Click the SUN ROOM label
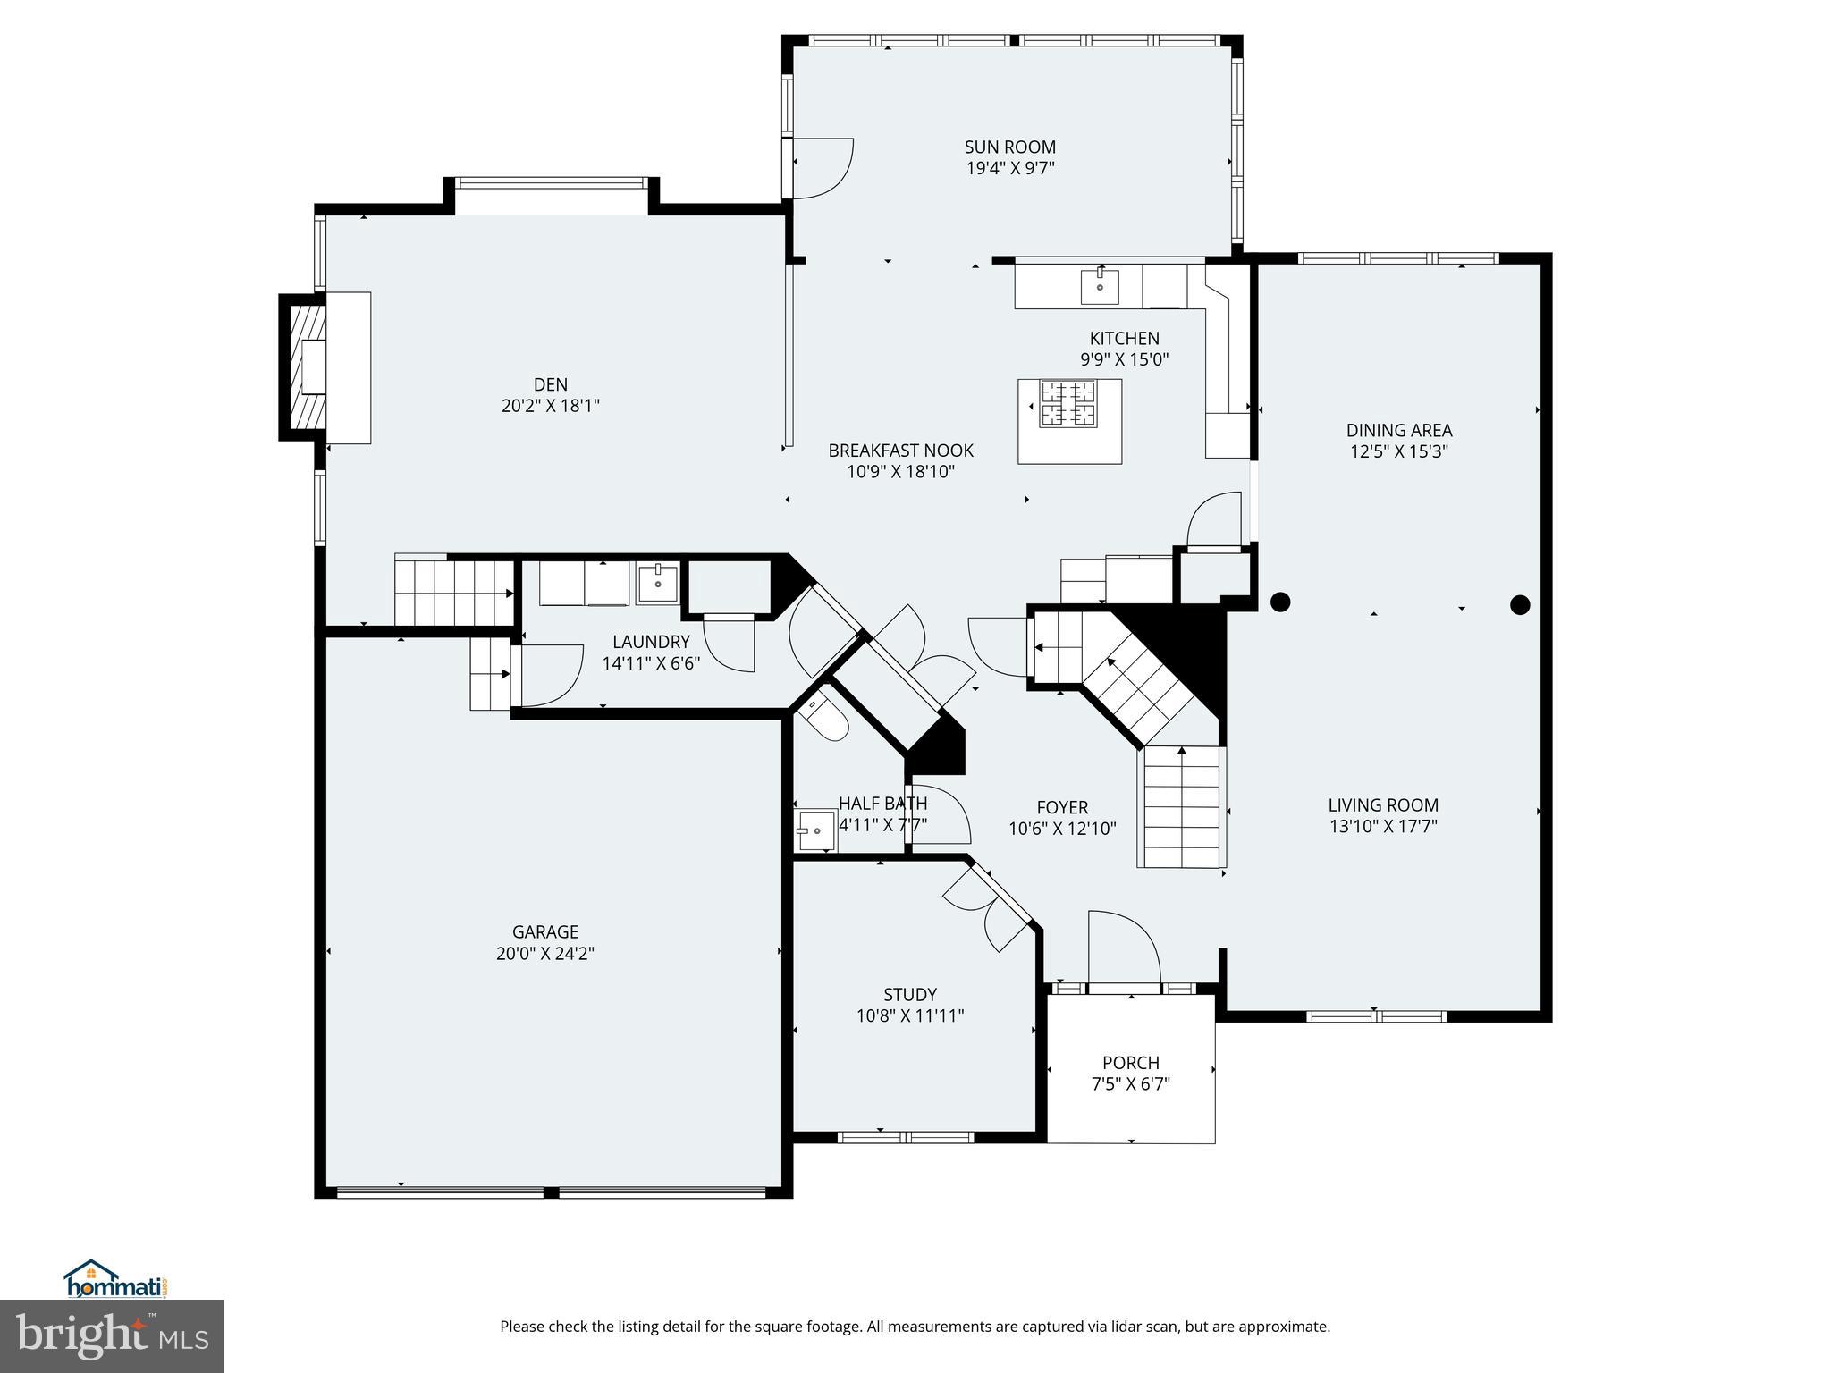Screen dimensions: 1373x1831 [x=1009, y=147]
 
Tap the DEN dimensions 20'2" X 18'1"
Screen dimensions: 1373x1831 [x=550, y=406]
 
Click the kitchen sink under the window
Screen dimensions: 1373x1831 [x=1100, y=287]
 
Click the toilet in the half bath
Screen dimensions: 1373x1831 [x=826, y=719]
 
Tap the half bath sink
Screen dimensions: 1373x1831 [x=814, y=830]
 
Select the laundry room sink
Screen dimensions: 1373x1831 [x=658, y=583]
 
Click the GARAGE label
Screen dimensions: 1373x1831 [x=545, y=931]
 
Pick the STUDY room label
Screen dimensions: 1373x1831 [x=910, y=994]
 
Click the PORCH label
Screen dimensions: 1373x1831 [x=1130, y=1062]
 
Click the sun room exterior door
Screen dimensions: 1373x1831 [x=821, y=168]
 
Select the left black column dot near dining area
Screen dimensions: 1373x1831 [x=1280, y=602]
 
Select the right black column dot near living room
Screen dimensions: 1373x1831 [x=1520, y=605]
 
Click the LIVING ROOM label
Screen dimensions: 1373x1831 [x=1383, y=805]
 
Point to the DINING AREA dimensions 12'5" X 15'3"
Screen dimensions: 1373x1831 [x=1398, y=452]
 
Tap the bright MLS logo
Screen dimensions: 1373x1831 [x=112, y=1336]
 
